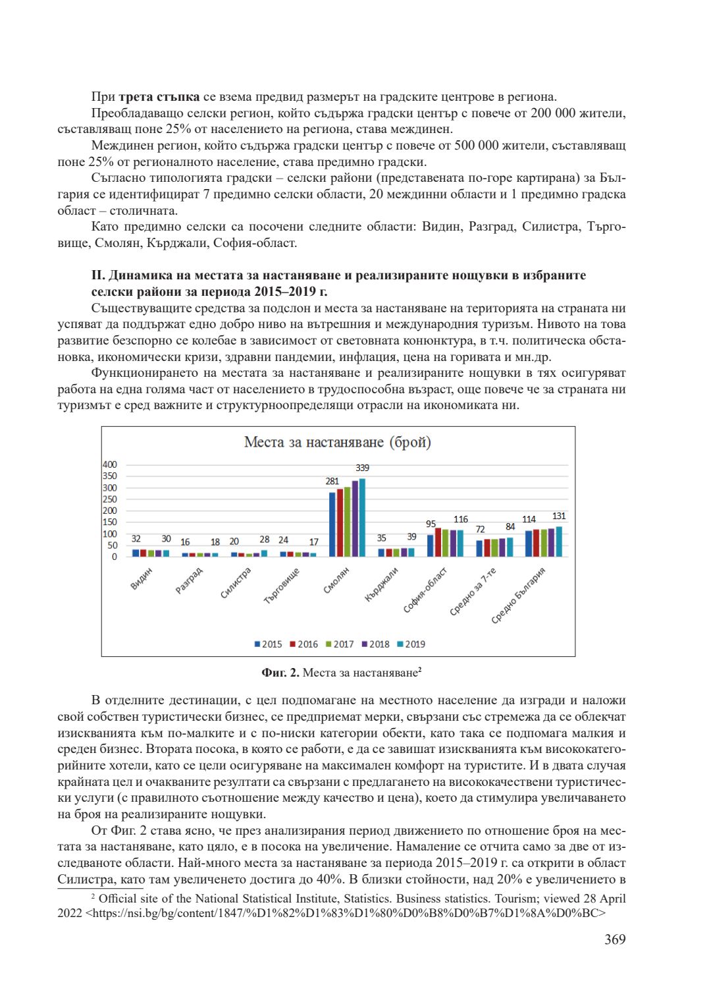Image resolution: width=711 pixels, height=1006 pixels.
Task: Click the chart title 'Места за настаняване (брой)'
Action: tap(337, 442)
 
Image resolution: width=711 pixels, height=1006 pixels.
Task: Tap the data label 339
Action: tap(362, 468)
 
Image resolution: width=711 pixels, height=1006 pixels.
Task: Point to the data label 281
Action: tap(332, 482)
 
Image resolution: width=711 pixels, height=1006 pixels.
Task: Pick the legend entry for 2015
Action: tap(268, 644)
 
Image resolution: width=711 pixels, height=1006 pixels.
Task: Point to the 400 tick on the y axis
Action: tap(109, 464)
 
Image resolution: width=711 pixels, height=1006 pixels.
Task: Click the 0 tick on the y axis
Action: tap(114, 557)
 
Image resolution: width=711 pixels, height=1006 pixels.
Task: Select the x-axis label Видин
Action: tap(141, 578)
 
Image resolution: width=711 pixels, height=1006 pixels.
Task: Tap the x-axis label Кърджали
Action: tap(382, 584)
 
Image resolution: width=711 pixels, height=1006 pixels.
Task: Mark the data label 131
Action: tap(559, 516)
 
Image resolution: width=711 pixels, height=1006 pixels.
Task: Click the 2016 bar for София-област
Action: tap(438, 542)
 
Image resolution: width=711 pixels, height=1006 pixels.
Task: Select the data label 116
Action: tap(461, 519)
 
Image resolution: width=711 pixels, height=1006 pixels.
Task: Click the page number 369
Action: tap(615, 939)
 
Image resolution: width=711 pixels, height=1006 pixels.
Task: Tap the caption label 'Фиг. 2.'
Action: tap(280, 673)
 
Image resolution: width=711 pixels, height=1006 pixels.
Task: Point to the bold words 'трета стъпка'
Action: tap(159, 97)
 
